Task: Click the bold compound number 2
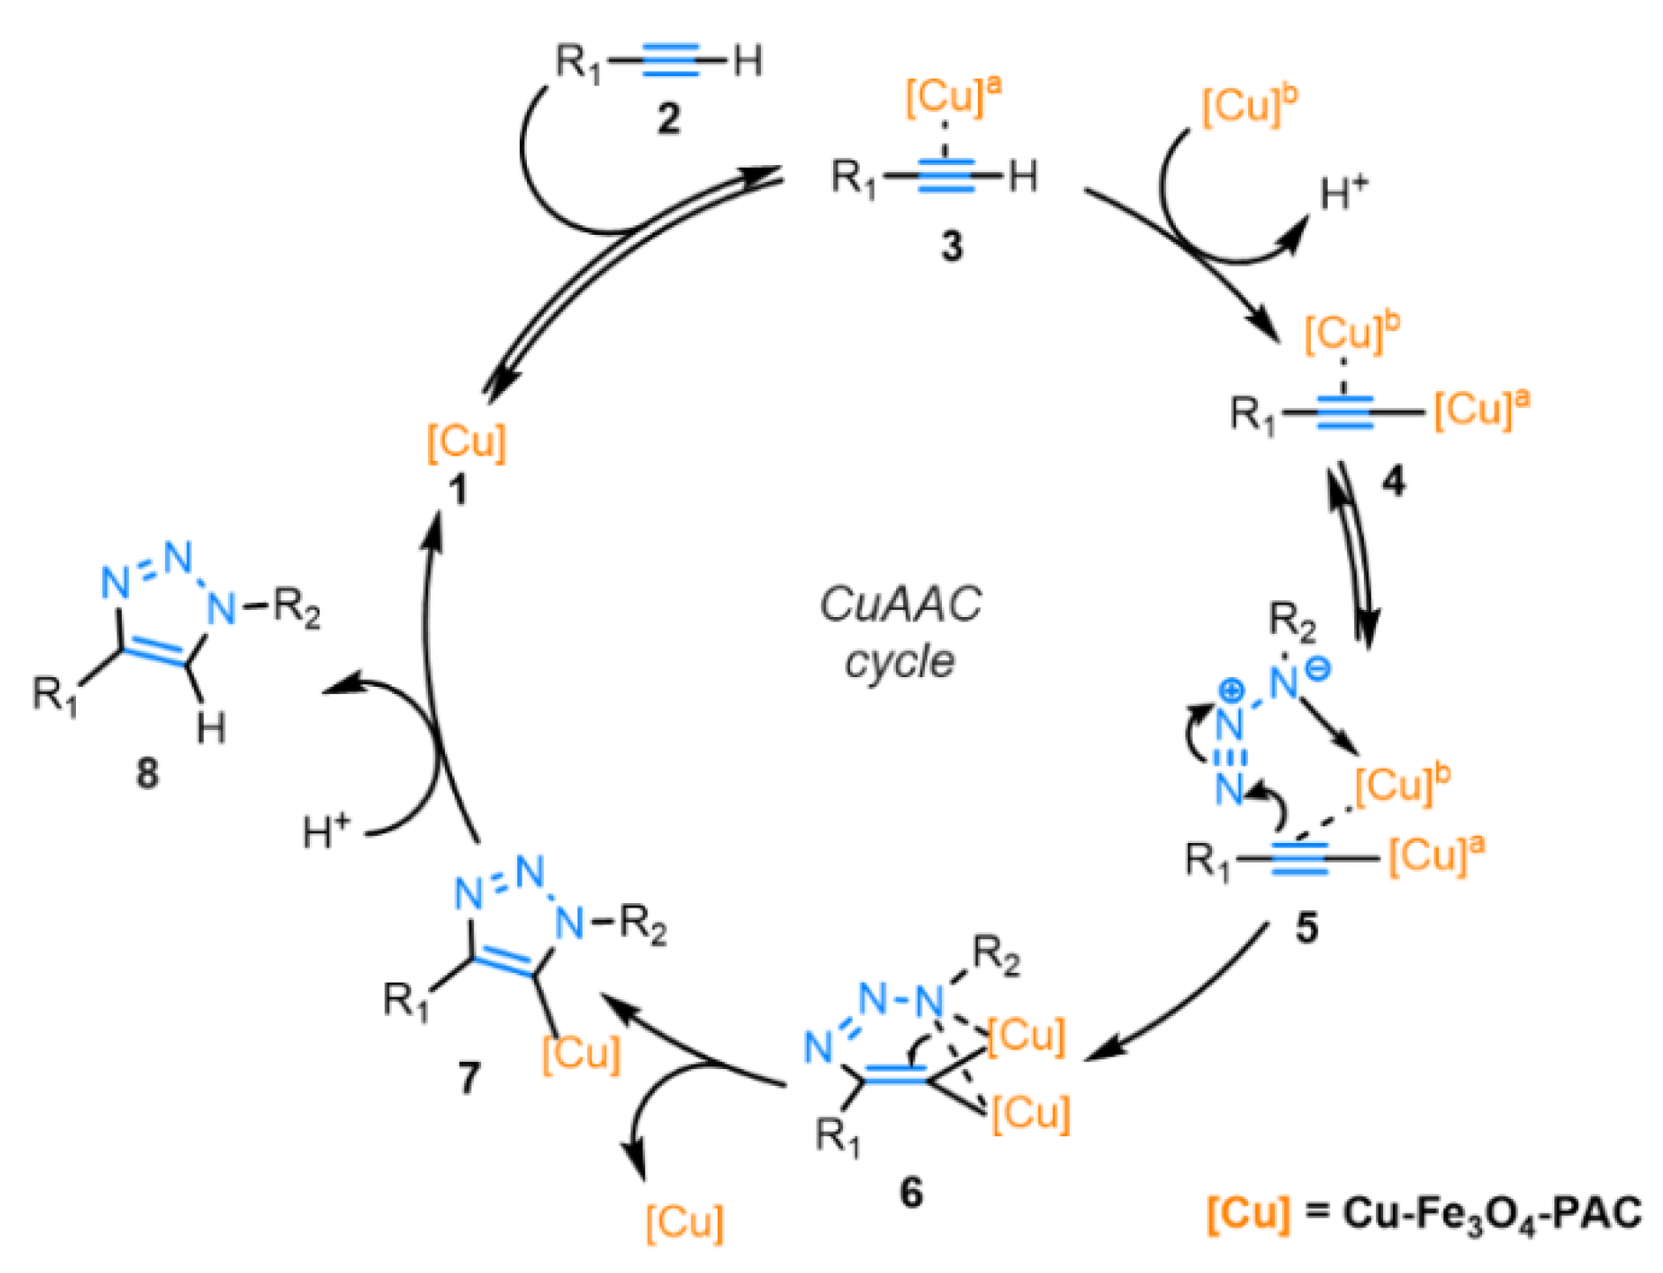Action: pos(668,117)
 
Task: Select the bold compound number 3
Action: pos(951,246)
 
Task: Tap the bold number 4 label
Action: pos(1393,481)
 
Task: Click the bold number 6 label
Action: pos(911,1193)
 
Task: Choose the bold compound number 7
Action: pos(469,1077)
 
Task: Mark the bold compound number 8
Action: pos(147,772)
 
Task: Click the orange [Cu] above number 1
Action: pos(466,441)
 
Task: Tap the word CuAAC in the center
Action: pos(899,606)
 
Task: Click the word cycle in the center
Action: pos(899,661)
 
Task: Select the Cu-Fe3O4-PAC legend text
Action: pos(1492,1214)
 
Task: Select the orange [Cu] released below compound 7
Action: pos(684,1222)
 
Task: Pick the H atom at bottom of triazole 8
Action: pos(211,728)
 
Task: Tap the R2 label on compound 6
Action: pos(996,956)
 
